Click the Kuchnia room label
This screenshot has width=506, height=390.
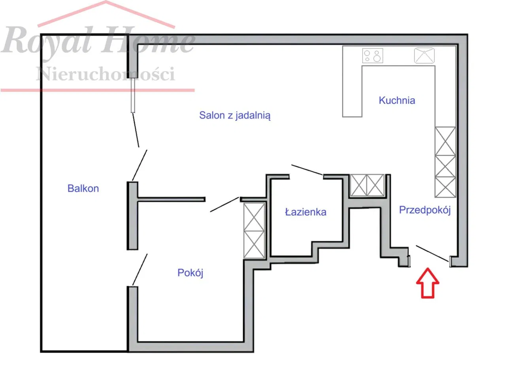(x=397, y=100)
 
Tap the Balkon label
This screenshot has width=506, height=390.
(x=83, y=188)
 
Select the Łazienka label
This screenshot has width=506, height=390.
(x=306, y=212)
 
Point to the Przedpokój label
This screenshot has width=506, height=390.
(x=425, y=210)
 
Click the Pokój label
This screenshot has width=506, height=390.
(x=190, y=273)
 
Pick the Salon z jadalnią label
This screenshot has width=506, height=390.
(x=235, y=116)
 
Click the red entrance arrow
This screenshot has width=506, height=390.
(x=428, y=283)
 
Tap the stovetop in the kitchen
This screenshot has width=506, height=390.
(x=372, y=56)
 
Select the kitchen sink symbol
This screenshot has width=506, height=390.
(x=424, y=55)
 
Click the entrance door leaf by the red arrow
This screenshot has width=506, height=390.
(x=432, y=253)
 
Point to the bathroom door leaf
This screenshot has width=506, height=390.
(x=307, y=170)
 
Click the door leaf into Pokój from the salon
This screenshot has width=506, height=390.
(x=225, y=204)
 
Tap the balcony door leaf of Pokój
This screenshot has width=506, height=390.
(x=140, y=270)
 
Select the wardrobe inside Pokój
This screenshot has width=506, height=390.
(x=254, y=231)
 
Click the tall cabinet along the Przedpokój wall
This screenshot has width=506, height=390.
(x=445, y=162)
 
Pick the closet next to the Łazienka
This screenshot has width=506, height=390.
(x=367, y=185)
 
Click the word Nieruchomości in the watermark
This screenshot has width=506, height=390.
(x=105, y=73)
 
